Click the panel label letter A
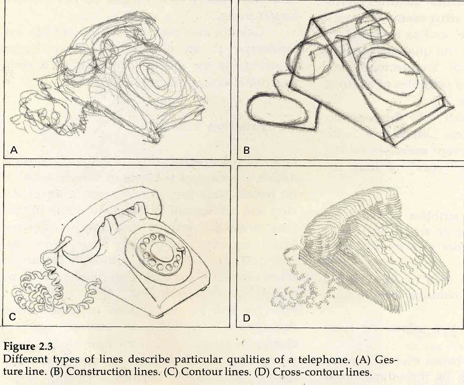pos(14,150)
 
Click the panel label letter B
pos(246,150)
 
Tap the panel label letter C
pos(12,317)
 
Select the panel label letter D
pos(246,318)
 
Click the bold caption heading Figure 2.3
pos(28,347)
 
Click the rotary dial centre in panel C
pos(162,251)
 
